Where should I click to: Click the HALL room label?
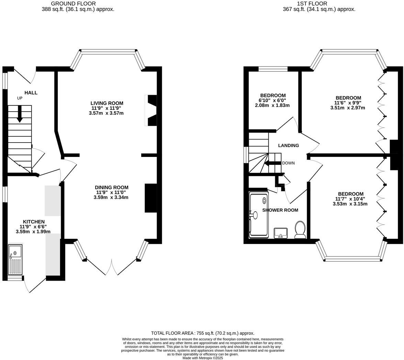31,93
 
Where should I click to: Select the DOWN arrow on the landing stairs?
273,163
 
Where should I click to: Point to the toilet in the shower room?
300,230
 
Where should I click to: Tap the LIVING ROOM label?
107,103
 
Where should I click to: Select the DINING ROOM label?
112,187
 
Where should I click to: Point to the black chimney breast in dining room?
150,198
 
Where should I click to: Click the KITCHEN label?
34,222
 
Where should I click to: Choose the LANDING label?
288,145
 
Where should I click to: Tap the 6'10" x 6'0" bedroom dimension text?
272,100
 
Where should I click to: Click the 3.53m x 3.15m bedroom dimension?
350,204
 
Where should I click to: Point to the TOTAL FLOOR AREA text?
203,333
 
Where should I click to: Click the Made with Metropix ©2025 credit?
203,358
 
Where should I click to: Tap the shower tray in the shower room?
259,215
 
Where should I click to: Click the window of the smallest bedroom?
273,69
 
